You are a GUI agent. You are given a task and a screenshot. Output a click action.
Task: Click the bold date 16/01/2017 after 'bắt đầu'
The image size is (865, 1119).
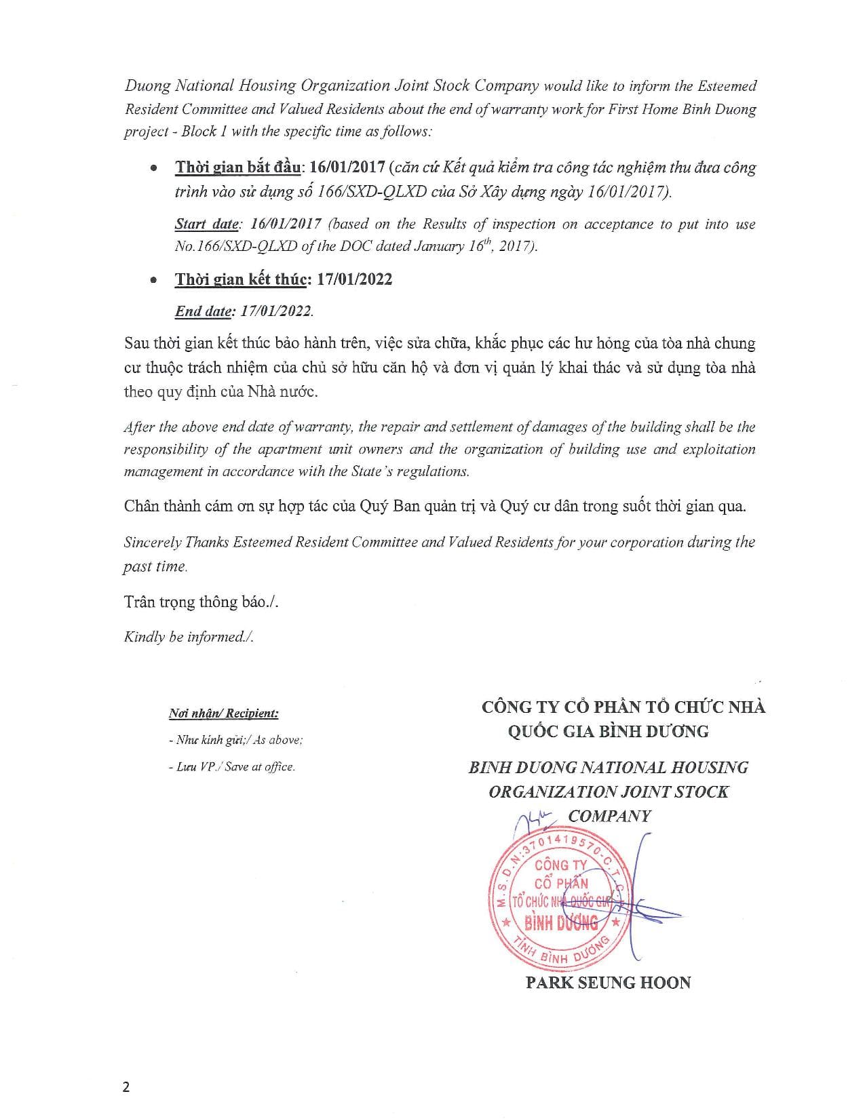click(x=347, y=168)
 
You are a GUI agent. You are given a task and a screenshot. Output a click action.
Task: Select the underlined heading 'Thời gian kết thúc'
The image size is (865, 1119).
click(x=242, y=279)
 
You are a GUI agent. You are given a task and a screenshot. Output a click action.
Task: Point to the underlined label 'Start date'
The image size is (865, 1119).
click(x=206, y=224)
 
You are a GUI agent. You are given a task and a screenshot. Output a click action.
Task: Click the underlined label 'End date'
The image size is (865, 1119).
click(x=201, y=311)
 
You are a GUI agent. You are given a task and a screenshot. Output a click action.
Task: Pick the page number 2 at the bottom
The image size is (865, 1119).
click(x=126, y=1087)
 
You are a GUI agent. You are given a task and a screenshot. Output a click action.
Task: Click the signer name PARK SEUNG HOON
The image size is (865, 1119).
click(x=608, y=983)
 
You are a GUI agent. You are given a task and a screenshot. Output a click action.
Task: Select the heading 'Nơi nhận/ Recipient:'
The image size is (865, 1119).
click(x=223, y=713)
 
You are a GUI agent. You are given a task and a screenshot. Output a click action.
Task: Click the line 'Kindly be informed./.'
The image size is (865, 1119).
click(x=189, y=637)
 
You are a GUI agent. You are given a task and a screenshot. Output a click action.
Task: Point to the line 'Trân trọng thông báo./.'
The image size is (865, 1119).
click(x=201, y=602)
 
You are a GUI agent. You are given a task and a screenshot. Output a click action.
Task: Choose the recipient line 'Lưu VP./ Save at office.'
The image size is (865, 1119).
click(x=231, y=767)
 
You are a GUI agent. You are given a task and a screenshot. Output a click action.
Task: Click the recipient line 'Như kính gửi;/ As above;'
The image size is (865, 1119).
click(x=235, y=740)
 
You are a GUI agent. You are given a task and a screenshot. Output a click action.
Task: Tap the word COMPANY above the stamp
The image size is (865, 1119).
click(x=609, y=816)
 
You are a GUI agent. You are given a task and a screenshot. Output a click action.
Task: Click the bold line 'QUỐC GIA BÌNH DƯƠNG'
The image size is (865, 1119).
click(x=608, y=731)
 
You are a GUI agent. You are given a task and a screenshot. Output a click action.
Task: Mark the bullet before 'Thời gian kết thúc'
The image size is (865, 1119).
click(x=154, y=280)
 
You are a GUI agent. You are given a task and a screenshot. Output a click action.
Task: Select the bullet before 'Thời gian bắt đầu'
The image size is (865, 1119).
click(x=154, y=168)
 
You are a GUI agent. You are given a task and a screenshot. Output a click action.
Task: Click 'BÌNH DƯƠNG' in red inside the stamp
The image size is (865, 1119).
click(x=561, y=923)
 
